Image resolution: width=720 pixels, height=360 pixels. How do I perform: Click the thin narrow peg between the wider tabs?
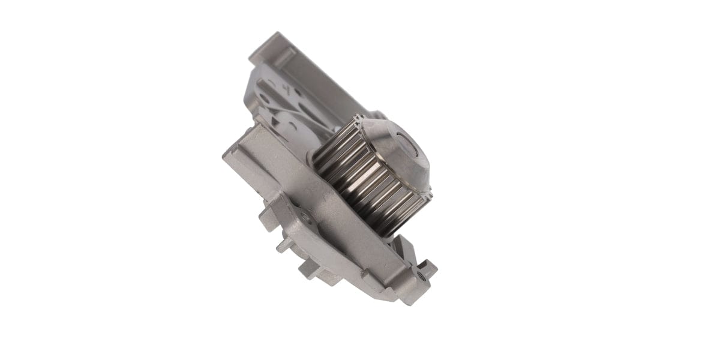[x=283, y=246]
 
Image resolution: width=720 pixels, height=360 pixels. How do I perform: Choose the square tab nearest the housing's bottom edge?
[x=309, y=270]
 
